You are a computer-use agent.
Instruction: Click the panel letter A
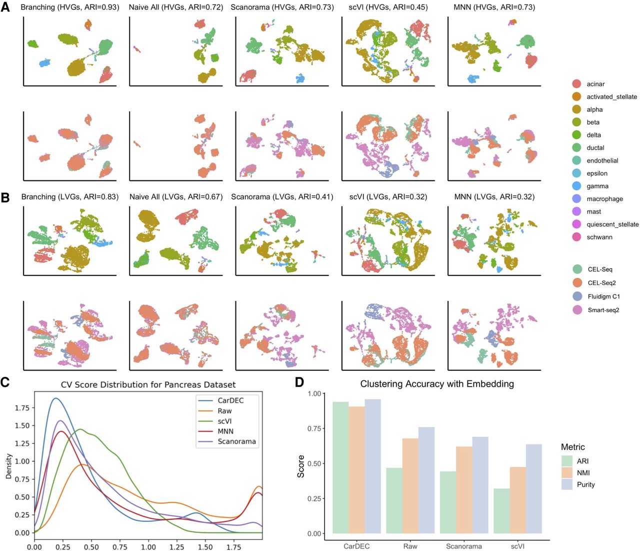pos(5,9)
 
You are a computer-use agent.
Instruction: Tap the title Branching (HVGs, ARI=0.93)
pos(70,8)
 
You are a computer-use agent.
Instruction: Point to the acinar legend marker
pos(576,84)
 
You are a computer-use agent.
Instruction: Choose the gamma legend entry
pos(597,186)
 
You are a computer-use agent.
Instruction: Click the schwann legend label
pos(599,237)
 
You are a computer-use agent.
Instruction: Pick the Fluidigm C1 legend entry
pos(603,296)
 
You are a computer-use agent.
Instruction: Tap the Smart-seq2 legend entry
pos(603,310)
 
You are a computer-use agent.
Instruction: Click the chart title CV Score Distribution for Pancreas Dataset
pos(148,385)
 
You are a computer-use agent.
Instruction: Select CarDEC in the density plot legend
pos(230,400)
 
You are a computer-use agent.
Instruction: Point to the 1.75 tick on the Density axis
pos(21,408)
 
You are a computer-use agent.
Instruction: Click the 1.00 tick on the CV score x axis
pos(148,546)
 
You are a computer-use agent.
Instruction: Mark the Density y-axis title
pos(8,466)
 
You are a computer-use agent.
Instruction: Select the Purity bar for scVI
pos(533,488)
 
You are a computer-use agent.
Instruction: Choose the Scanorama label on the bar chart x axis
pos(463,546)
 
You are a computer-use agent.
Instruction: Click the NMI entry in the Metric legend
pos(582,473)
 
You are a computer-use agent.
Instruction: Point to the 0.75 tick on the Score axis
pos(314,428)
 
